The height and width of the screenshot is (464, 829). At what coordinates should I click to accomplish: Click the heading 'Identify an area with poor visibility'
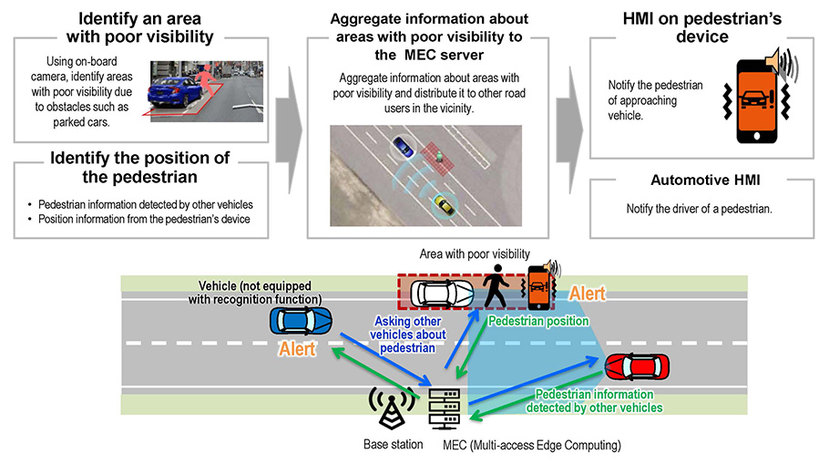coord(141,27)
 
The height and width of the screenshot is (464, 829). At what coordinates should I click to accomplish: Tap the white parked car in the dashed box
coord(442,293)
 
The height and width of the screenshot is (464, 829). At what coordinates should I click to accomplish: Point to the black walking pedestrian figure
coord(496,284)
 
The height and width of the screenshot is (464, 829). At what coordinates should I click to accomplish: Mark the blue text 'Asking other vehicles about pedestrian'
coord(413,334)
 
